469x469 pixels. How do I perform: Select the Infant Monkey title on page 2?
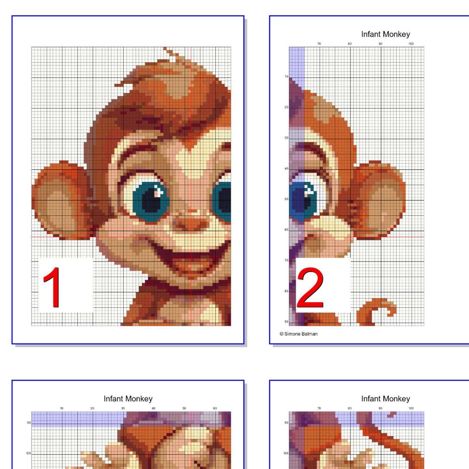tap(385, 34)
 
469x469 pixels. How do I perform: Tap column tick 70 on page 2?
tap(319, 44)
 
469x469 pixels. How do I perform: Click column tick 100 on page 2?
tap(411, 44)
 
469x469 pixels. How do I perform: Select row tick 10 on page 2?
tap(286, 77)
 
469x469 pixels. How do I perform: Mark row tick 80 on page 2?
tap(286, 291)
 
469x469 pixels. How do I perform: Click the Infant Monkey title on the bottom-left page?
tap(128, 399)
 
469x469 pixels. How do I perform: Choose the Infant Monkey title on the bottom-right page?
tap(385, 399)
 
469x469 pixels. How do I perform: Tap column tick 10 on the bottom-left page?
tap(62, 408)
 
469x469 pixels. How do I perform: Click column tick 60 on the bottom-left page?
tap(215, 408)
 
